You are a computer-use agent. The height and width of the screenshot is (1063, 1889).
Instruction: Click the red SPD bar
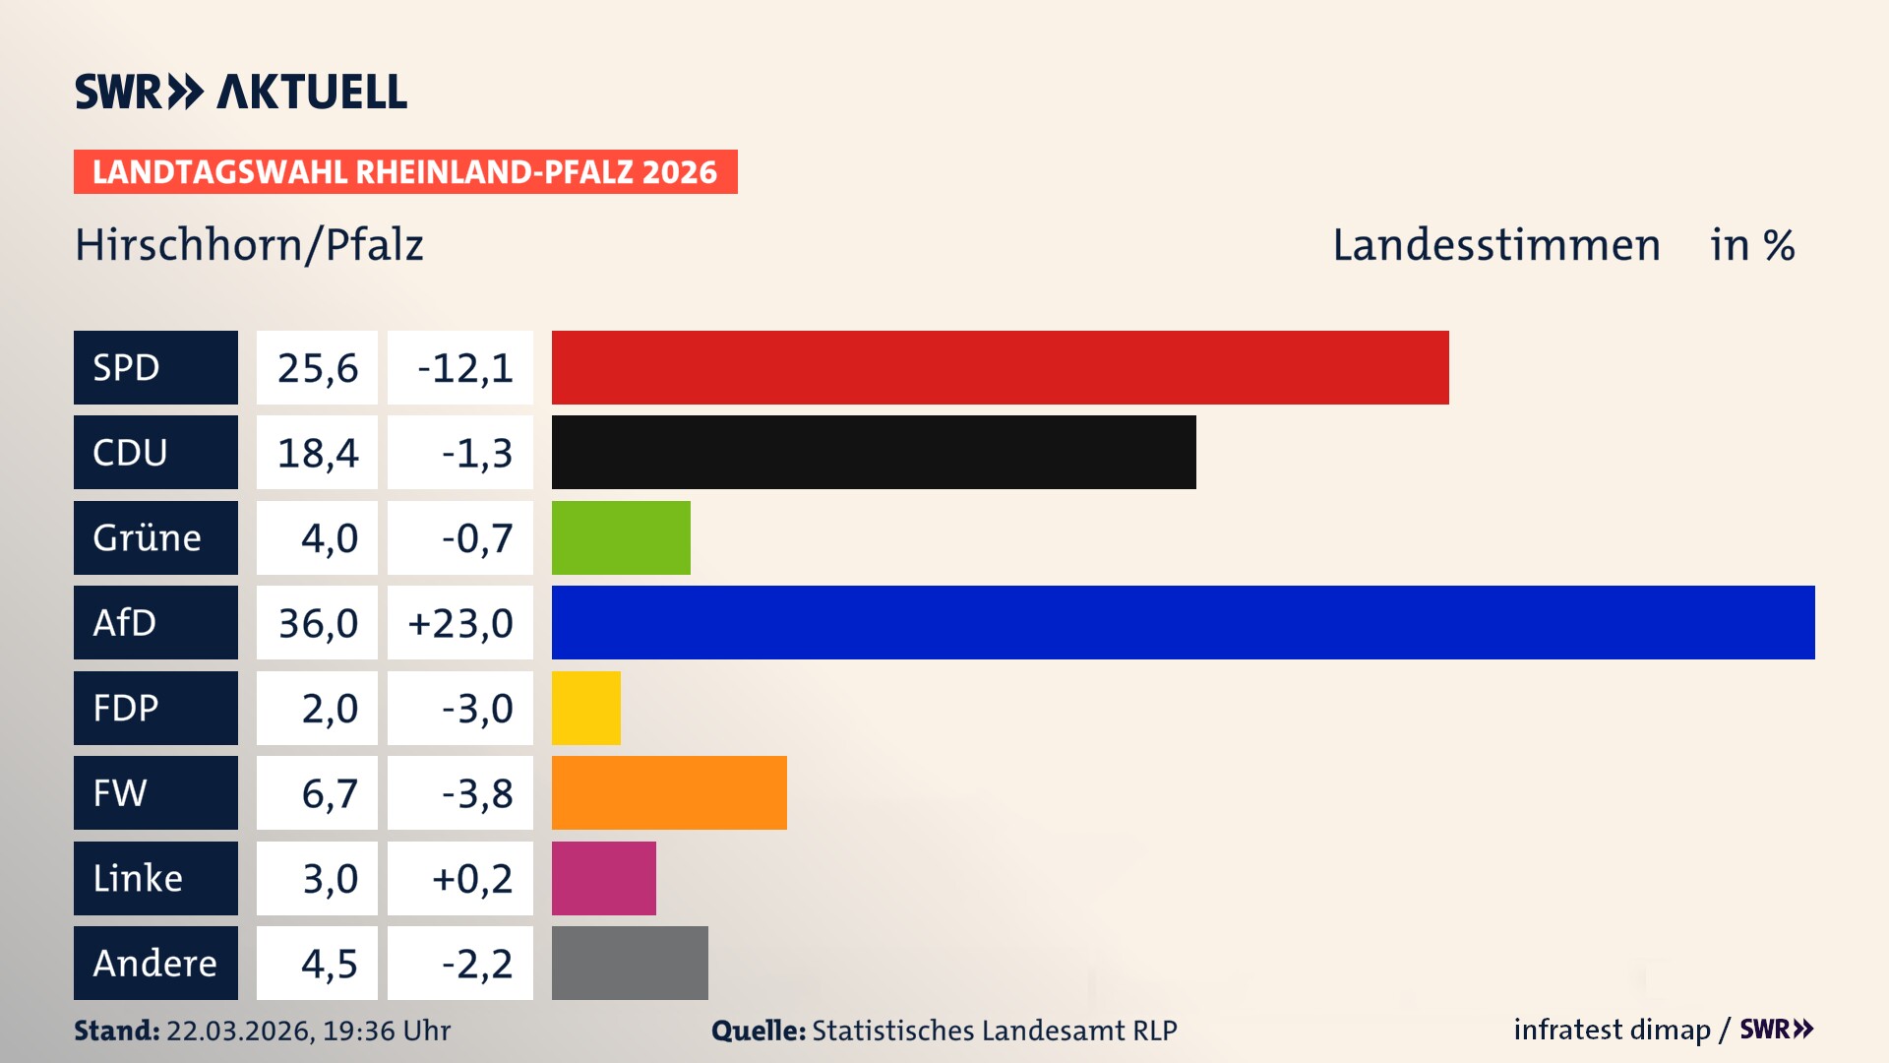tap(1000, 367)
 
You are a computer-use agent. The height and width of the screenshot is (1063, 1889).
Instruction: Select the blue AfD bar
tap(1183, 622)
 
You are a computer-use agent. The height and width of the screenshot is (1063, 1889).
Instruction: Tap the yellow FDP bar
tap(586, 708)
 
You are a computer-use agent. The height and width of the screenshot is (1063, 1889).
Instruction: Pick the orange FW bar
tap(669, 792)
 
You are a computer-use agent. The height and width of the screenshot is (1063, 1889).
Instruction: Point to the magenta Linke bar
tap(603, 878)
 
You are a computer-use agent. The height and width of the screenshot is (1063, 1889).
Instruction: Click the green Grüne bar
tap(621, 537)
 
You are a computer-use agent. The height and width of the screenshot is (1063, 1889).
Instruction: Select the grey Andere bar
tap(630, 963)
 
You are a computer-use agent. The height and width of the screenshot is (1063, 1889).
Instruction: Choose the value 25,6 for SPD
tap(317, 368)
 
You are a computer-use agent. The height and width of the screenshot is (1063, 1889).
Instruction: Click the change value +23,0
tap(460, 623)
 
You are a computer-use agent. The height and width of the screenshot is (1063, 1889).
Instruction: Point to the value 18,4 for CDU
tap(317, 453)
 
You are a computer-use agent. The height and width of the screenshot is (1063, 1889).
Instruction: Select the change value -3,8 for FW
tap(476, 793)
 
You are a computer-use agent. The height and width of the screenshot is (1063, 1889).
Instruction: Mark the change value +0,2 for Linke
tap(472, 878)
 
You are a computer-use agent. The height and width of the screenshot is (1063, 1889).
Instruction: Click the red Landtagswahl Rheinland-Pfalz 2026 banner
tap(405, 171)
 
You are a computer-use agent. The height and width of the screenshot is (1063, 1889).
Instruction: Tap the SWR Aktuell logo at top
tap(241, 92)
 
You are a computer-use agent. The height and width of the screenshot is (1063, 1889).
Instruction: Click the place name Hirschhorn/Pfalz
tap(249, 245)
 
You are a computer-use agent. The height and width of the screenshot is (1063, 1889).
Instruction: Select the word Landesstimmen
tap(1495, 245)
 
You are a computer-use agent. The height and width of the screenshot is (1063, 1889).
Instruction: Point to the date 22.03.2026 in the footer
tap(239, 1031)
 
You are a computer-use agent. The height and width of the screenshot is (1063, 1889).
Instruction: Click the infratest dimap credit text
tap(1612, 1030)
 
